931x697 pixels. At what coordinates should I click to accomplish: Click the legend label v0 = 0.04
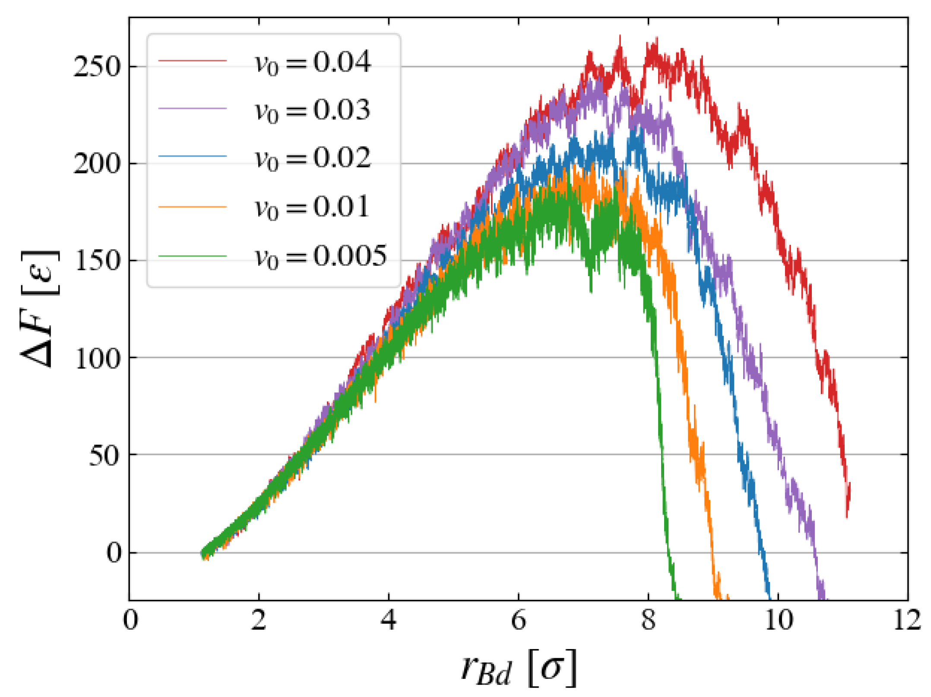point(313,62)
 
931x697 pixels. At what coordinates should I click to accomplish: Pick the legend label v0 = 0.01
point(312,207)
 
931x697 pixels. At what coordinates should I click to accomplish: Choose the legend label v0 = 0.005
point(320,256)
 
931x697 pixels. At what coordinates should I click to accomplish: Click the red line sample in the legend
point(193,61)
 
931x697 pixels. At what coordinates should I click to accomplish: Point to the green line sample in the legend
point(193,256)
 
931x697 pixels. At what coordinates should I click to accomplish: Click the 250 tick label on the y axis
point(97,67)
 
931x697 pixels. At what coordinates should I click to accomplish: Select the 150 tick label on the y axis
point(97,261)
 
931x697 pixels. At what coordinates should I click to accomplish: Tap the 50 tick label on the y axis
point(104,455)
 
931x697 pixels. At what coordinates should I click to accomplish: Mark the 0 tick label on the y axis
point(114,553)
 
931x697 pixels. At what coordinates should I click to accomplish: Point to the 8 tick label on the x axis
point(648,621)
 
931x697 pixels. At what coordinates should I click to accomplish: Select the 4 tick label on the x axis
point(389,621)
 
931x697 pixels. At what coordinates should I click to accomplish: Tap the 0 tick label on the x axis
point(130,621)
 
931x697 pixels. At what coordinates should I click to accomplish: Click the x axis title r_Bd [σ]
point(518,668)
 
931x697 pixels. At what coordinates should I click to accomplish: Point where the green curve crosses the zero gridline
point(671,553)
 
